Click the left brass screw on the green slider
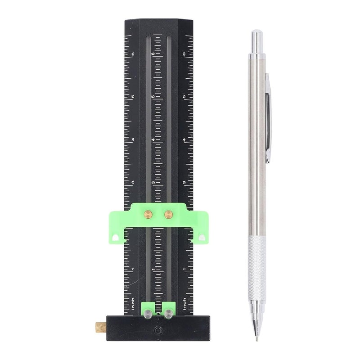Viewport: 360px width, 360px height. pos(148,213)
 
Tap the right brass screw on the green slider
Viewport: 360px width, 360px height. pos(168,213)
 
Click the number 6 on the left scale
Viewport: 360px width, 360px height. pos(133,54)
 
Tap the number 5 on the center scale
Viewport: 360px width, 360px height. pos(153,97)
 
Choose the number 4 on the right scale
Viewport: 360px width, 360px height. pos(185,140)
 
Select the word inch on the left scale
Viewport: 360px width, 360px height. pos(133,304)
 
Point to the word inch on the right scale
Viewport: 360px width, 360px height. pos(185,304)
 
